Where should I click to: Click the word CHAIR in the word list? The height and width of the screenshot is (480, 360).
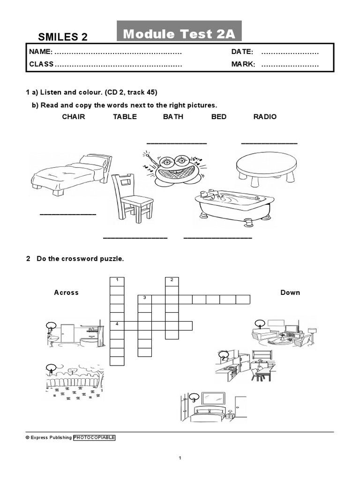pos(74,117)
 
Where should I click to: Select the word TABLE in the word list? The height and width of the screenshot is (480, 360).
pos(125,117)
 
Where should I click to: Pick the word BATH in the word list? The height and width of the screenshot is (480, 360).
pos(173,117)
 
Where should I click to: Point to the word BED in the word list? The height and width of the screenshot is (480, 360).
pos(219,117)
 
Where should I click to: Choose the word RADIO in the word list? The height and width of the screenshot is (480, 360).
pos(265,117)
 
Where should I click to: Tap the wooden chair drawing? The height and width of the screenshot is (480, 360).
pos(131,197)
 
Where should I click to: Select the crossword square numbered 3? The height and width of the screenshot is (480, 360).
pos(145,299)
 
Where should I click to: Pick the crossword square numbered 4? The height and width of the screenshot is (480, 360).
pos(117,325)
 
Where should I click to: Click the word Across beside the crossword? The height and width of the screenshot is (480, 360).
pos(66,292)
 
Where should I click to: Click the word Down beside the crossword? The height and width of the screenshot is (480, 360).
pos(290,292)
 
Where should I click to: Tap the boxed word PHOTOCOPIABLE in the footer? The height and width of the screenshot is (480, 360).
pos(94,437)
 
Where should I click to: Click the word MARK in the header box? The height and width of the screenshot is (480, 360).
pos(243,64)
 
